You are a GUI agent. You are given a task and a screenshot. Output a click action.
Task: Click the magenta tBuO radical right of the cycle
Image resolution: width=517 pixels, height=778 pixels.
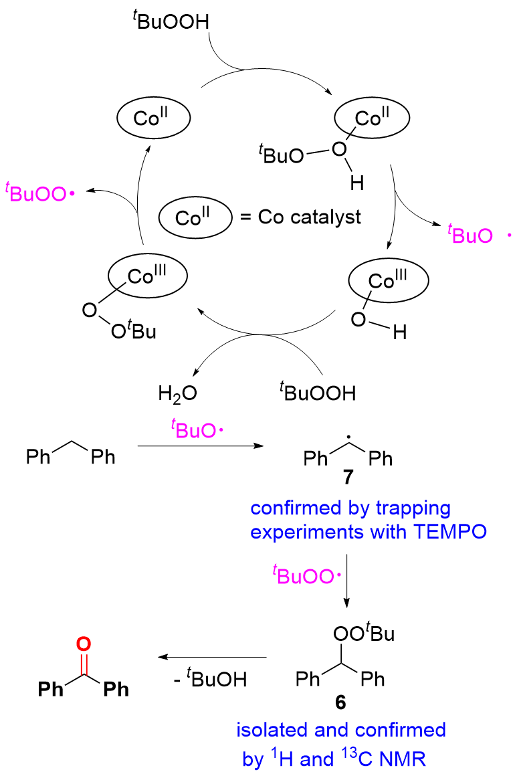click(468, 235)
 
